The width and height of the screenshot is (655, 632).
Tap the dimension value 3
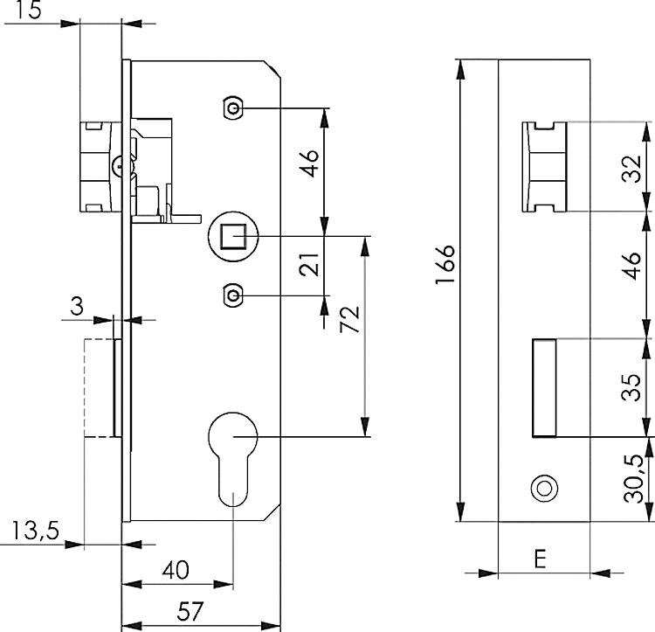pyautogui.click(x=78, y=306)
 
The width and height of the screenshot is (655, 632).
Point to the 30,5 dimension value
pyautogui.click(x=638, y=476)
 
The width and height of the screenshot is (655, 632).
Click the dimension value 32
pyautogui.click(x=638, y=166)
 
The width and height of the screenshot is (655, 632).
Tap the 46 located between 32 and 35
pyautogui.click(x=638, y=273)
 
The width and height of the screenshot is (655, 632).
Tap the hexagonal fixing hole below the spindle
pyautogui.click(x=231, y=295)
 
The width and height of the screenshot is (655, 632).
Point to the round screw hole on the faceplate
pyautogui.click(x=544, y=488)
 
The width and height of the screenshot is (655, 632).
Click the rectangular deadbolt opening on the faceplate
pyautogui.click(x=543, y=386)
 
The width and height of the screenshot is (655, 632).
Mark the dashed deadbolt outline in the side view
pyautogui.click(x=96, y=386)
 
